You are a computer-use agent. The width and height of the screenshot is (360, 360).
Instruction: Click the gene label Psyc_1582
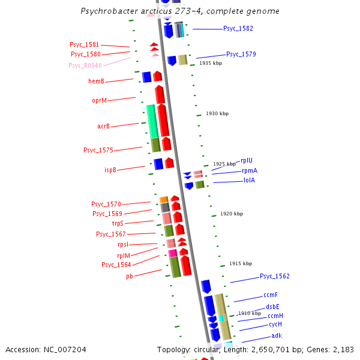(x=238, y=29)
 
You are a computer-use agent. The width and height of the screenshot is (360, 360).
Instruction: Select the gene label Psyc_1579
(x=241, y=55)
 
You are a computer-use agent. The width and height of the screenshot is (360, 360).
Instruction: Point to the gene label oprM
(x=100, y=101)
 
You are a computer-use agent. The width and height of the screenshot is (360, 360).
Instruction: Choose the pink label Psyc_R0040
(x=85, y=65)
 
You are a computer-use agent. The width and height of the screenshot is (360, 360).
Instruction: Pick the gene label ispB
(x=110, y=170)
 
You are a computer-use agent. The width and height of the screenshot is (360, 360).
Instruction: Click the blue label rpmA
(x=250, y=171)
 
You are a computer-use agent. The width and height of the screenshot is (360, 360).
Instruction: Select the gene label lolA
(x=249, y=180)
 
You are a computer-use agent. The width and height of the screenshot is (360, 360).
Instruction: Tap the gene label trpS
(x=118, y=223)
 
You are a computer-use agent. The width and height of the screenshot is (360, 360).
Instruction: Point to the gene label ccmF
(x=271, y=295)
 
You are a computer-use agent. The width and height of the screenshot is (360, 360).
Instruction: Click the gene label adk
(x=277, y=336)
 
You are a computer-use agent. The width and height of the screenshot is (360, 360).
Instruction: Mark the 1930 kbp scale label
(x=217, y=113)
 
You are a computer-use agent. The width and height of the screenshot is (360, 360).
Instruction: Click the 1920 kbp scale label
(x=232, y=214)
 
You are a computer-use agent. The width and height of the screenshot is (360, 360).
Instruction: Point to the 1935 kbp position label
(x=211, y=63)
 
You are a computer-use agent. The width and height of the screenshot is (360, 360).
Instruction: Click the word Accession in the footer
(x=23, y=349)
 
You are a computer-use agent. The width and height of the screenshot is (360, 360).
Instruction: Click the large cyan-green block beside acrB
(x=152, y=121)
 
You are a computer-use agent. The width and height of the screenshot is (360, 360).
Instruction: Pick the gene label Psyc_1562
(x=275, y=277)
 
